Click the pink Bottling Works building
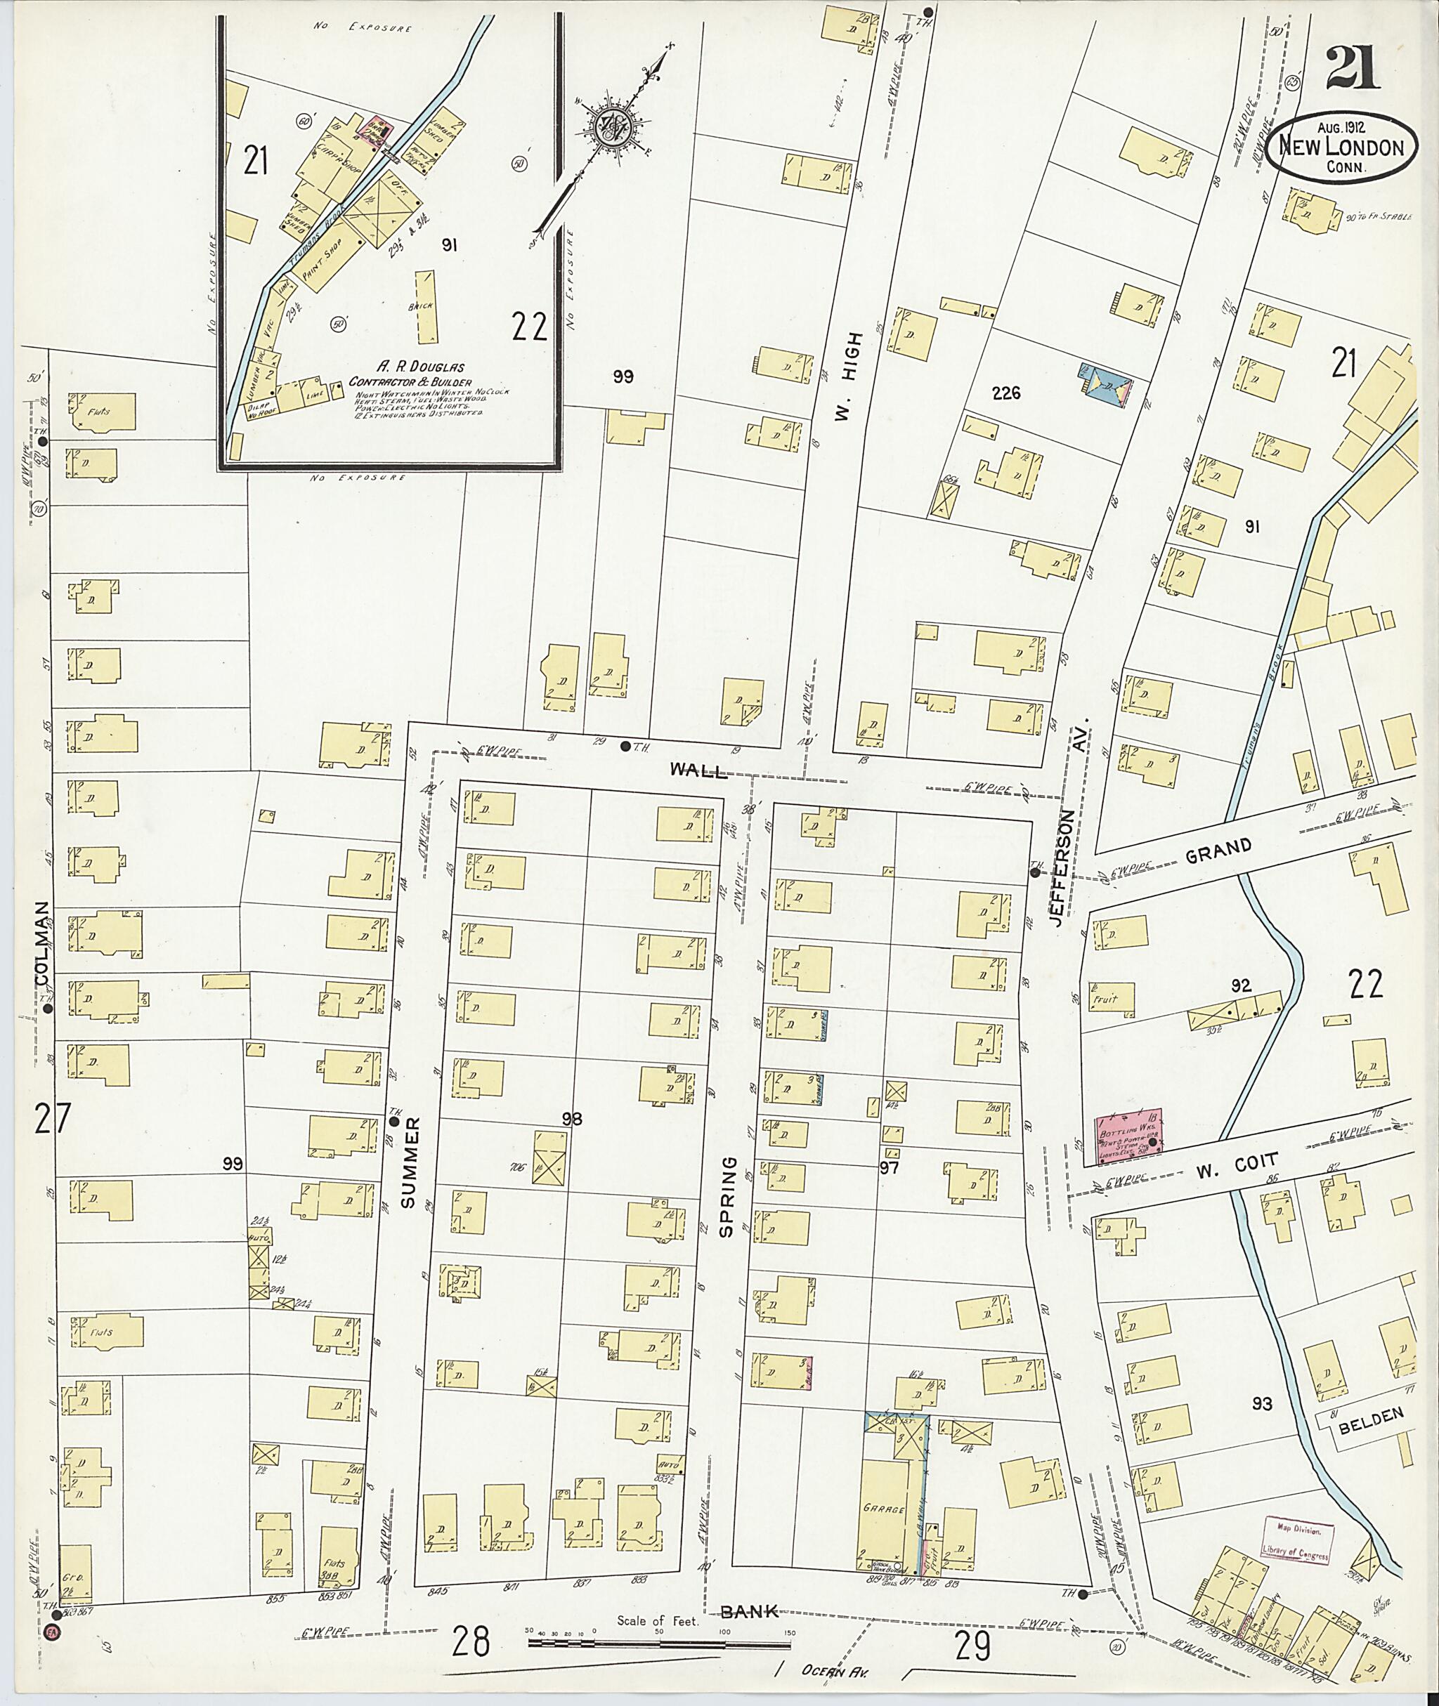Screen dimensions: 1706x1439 click(1128, 1132)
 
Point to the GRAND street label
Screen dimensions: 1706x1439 click(1218, 852)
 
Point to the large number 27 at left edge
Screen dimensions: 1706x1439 click(52, 1118)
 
